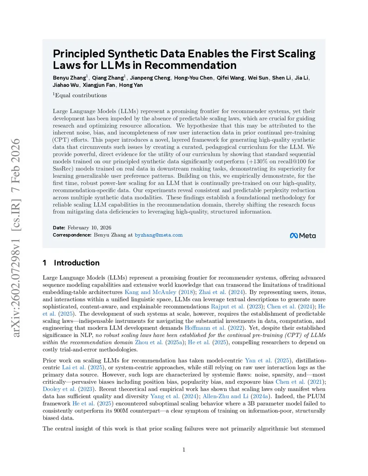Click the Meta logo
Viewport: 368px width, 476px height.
pyautogui.click(x=303, y=236)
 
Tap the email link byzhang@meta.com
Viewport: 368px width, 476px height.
pyautogui.click(x=158, y=235)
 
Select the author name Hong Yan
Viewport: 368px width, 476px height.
pyautogui.click(x=131, y=85)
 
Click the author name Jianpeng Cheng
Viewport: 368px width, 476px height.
pyautogui.click(x=150, y=78)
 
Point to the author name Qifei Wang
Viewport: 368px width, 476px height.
pyautogui.click(x=230, y=78)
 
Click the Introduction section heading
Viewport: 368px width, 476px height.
pyautogui.click(x=77, y=263)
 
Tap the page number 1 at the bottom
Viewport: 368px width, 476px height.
pyautogui.click(x=184, y=449)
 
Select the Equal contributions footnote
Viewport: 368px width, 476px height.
pyautogui.click(x=80, y=95)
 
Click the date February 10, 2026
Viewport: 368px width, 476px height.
pyautogui.click(x=89, y=227)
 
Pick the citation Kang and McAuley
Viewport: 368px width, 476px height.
pyautogui.click(x=150, y=292)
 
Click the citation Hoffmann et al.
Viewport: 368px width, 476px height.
pyautogui.click(x=205, y=328)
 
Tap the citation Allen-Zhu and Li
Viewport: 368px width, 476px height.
pyautogui.click(x=225, y=396)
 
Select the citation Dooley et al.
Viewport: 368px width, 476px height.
pyautogui.click(x=59, y=389)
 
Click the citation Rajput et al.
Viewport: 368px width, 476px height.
pyautogui.click(x=227, y=306)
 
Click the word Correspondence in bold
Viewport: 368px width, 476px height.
pyautogui.click(x=72, y=235)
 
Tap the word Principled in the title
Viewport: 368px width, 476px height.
pyautogui.click(x=79, y=54)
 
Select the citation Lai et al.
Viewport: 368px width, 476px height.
pyautogui.click(x=74, y=368)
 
